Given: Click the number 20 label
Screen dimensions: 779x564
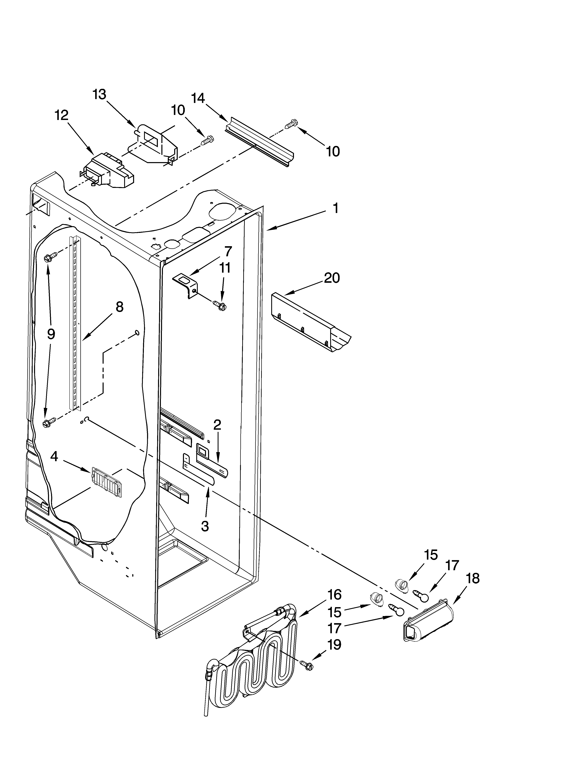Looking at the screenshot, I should coord(332,278).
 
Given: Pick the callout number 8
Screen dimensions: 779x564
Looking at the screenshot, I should coord(119,307).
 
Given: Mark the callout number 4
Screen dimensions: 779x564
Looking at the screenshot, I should coord(54,456).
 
